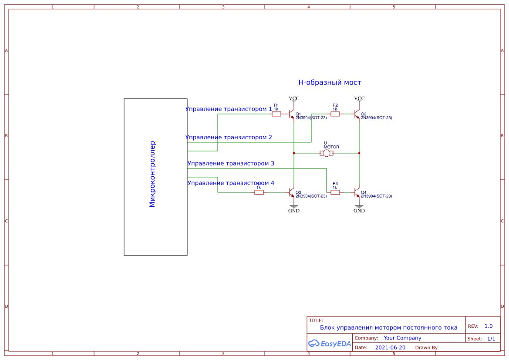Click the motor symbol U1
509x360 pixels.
(327, 153)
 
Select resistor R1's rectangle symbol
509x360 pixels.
(276, 114)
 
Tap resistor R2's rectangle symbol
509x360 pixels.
(335, 114)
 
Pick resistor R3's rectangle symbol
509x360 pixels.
(335, 192)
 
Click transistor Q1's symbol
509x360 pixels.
(292, 114)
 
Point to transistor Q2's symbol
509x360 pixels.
(357, 114)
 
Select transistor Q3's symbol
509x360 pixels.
(292, 192)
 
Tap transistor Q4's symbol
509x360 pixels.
(357, 192)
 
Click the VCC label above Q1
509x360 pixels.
(294, 98)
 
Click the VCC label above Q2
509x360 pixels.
(359, 98)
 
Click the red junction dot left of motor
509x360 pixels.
(294, 153)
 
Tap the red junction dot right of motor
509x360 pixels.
(359, 153)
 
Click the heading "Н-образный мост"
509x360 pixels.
(330, 82)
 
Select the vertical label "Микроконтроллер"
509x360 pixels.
(152, 174)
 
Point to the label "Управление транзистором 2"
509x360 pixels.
(229, 137)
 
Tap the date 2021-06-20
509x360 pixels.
(390, 347)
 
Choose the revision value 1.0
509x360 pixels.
(489, 326)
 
